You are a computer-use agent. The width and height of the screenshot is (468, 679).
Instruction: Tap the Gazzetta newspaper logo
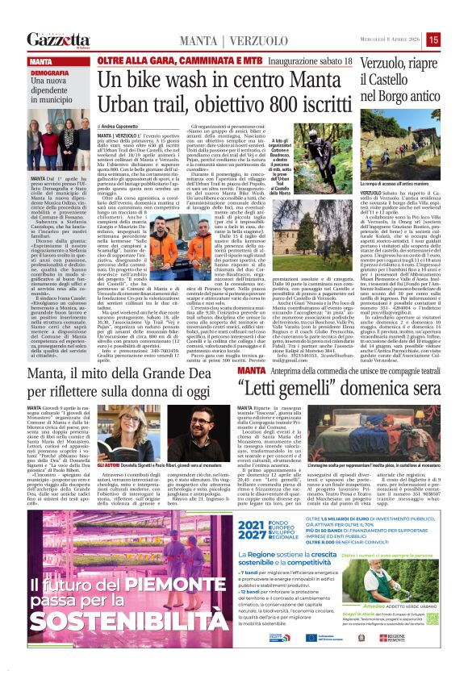click(x=57, y=40)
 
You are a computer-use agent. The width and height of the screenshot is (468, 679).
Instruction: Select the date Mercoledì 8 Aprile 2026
click(x=390, y=40)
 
